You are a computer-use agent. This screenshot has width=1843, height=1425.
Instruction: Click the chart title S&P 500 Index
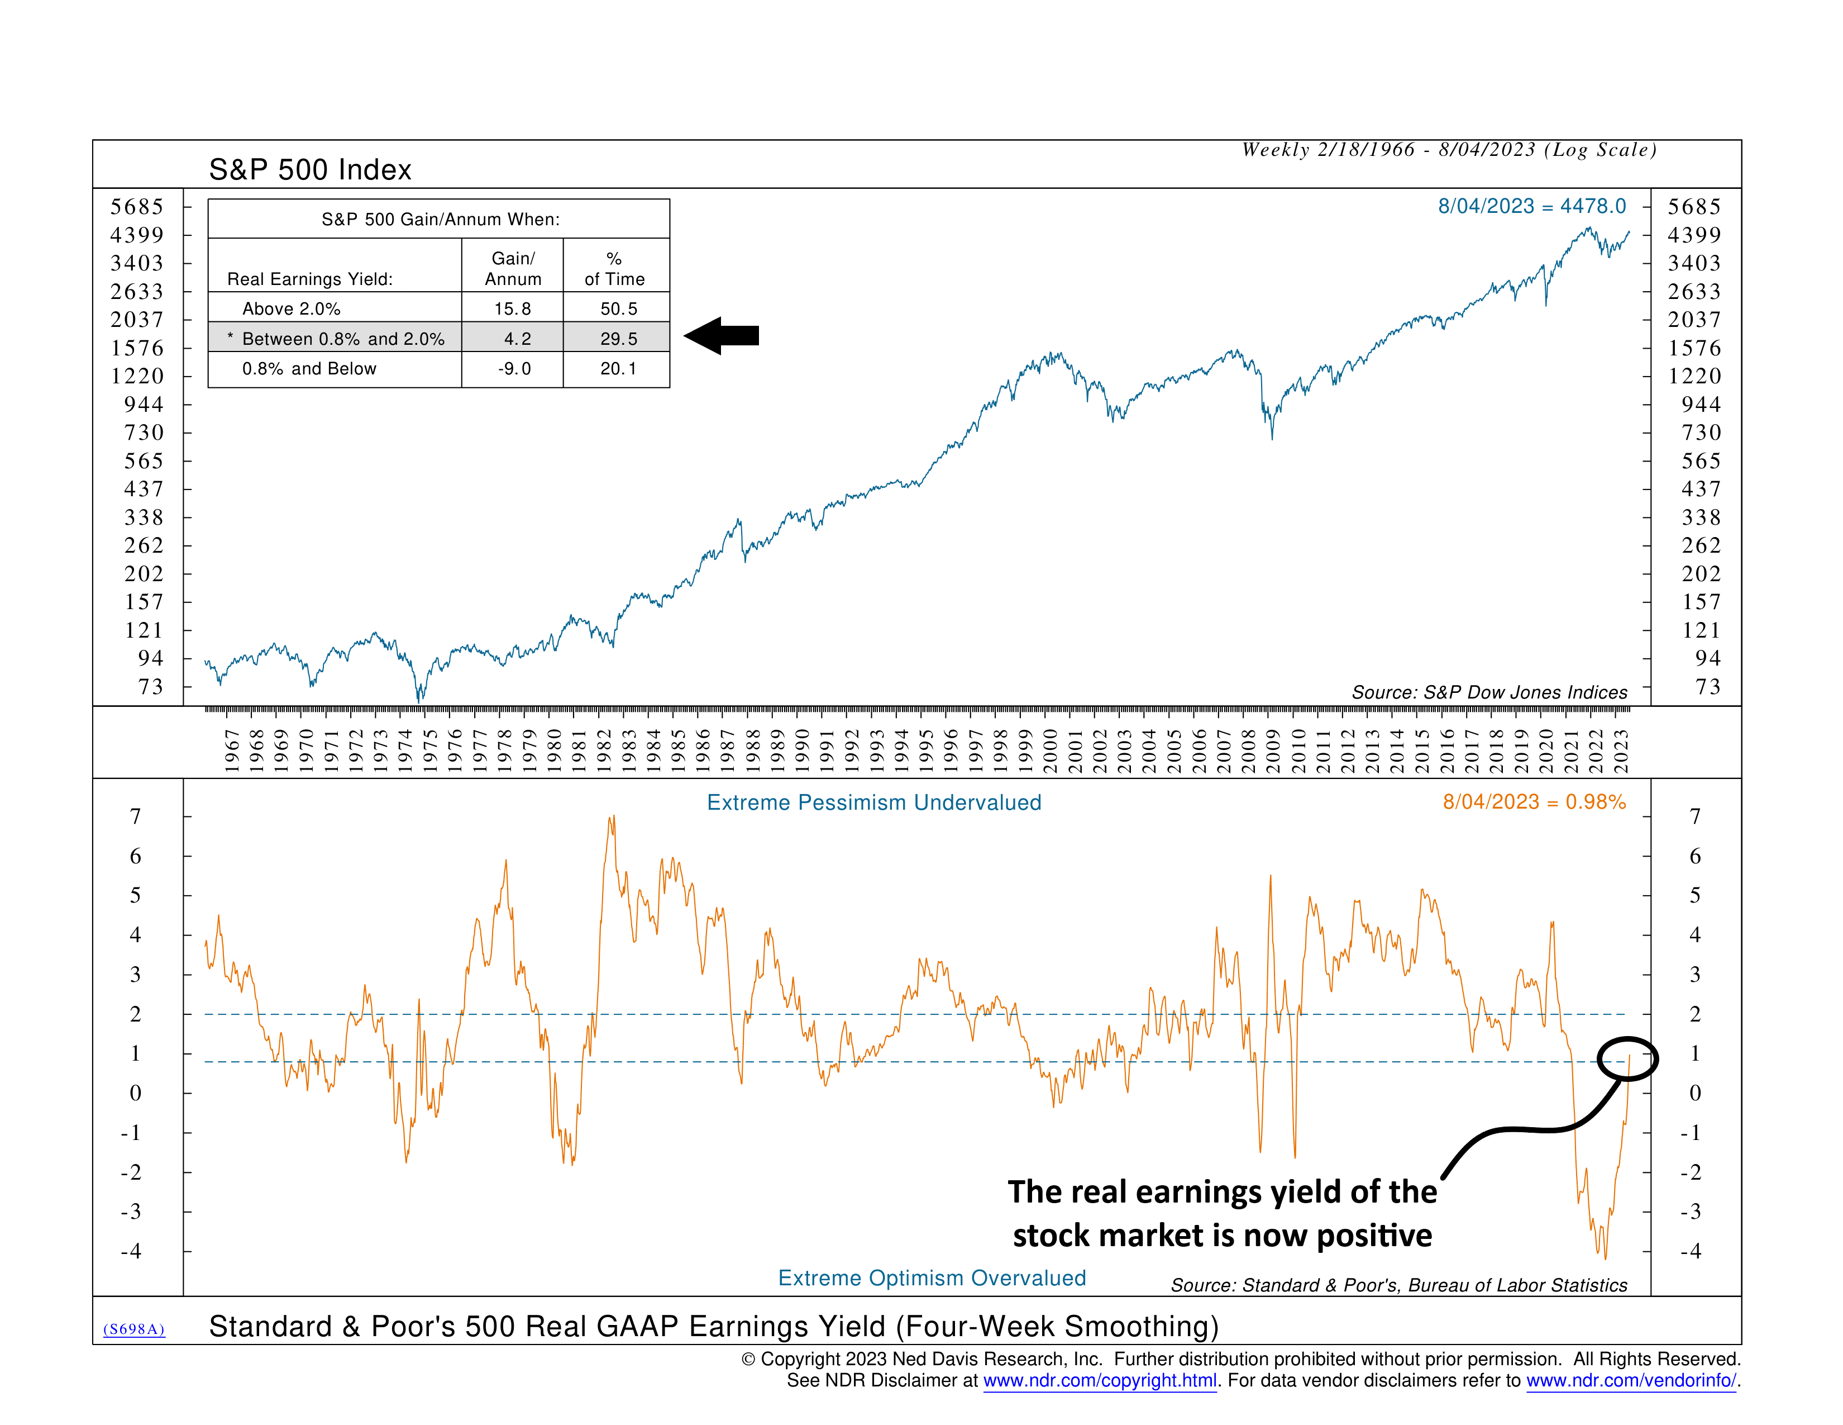click(x=310, y=170)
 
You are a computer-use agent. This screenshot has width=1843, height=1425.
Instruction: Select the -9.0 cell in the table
click(x=513, y=369)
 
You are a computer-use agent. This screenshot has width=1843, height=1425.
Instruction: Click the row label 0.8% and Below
click(x=309, y=369)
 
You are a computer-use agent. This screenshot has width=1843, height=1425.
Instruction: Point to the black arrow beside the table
click(x=722, y=336)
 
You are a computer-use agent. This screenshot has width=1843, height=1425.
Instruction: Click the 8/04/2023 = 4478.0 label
click(x=1531, y=206)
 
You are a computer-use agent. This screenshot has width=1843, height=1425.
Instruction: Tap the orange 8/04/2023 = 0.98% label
click(x=1533, y=801)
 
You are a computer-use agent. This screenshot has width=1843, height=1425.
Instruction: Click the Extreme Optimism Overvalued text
click(x=931, y=1277)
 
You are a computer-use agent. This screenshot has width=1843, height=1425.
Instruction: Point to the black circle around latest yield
click(x=1627, y=1058)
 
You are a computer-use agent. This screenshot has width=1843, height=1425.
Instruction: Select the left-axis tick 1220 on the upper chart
click(x=137, y=376)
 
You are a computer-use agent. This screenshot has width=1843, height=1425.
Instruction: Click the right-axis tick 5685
click(x=1694, y=207)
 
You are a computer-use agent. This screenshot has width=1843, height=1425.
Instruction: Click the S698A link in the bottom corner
click(x=133, y=1329)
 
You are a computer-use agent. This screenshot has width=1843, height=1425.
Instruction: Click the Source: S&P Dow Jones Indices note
click(x=1488, y=692)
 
